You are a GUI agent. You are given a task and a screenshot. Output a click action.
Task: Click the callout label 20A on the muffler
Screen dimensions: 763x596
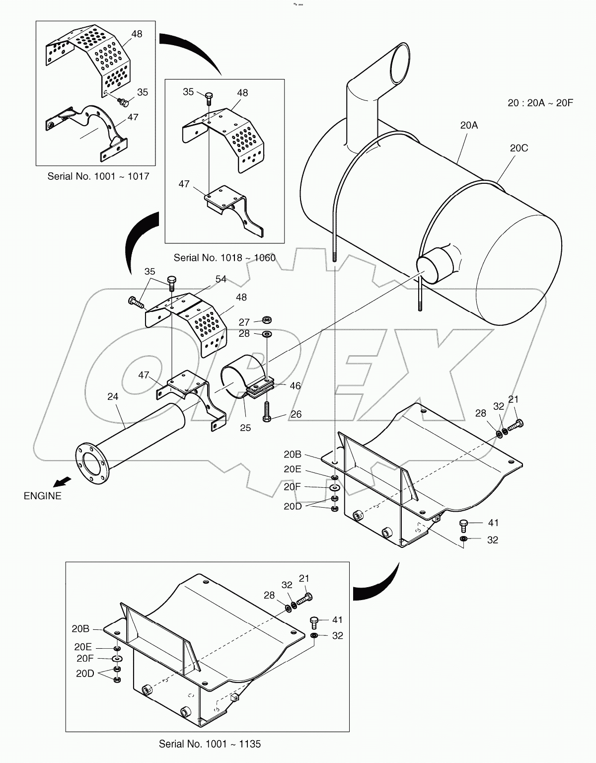pyautogui.click(x=468, y=126)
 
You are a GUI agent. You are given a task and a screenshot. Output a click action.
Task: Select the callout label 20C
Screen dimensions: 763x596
pyautogui.click(x=519, y=148)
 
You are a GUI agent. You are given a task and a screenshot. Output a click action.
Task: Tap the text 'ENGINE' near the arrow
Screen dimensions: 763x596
pyautogui.click(x=43, y=496)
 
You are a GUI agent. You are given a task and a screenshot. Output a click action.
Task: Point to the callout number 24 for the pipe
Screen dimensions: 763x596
pyautogui.click(x=113, y=396)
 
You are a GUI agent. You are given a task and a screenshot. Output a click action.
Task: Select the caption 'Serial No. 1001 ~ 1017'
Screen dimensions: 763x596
pyautogui.click(x=98, y=176)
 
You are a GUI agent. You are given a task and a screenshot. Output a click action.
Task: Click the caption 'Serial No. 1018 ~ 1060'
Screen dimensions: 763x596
pyautogui.click(x=224, y=258)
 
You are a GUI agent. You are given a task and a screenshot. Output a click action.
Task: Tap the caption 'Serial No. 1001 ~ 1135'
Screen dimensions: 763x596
pyautogui.click(x=210, y=744)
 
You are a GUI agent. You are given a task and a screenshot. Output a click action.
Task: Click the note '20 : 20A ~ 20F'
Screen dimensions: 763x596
pyautogui.click(x=540, y=103)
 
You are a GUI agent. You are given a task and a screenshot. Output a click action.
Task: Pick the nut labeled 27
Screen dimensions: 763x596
pyautogui.click(x=266, y=319)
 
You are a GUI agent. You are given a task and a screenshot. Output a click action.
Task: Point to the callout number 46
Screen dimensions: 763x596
pyautogui.click(x=295, y=385)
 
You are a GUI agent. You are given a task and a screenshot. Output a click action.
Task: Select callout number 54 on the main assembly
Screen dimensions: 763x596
pyautogui.click(x=221, y=279)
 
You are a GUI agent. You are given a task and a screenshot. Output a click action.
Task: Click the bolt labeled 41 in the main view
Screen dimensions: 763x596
pyautogui.click(x=464, y=523)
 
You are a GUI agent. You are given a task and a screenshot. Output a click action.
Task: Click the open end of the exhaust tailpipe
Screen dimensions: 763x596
pyautogui.click(x=400, y=64)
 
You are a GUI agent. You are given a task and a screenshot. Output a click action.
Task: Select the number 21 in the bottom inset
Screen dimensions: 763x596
pyautogui.click(x=304, y=578)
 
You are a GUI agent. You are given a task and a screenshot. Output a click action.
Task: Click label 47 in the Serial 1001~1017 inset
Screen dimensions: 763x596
pyautogui.click(x=132, y=117)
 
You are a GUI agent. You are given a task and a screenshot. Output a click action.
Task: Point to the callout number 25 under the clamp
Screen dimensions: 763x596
pyautogui.click(x=245, y=428)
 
